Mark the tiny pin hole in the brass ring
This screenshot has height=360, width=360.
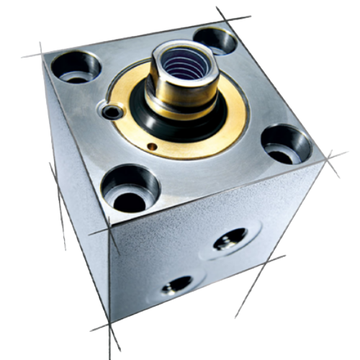(152, 147)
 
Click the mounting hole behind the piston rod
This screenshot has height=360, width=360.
(215, 39)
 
